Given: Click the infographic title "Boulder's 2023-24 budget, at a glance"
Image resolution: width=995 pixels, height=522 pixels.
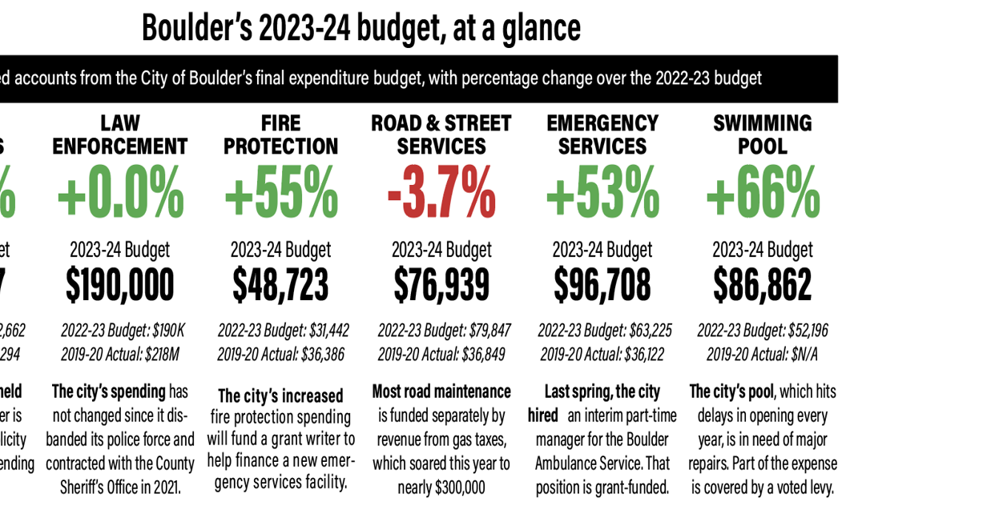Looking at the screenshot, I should [361, 28].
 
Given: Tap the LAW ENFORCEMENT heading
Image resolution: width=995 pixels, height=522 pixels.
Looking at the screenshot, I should [120, 135].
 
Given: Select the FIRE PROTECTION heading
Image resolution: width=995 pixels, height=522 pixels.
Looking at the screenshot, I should [281, 135].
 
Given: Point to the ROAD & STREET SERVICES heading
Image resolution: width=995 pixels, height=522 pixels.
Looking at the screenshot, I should [441, 135].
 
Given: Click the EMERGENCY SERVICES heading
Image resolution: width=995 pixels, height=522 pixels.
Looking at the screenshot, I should [602, 135].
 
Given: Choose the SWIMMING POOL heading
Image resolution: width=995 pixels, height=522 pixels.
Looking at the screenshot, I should [763, 135].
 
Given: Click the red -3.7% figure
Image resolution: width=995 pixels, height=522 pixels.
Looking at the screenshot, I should [441, 194].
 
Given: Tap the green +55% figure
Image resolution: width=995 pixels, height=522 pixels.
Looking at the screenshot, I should [281, 194].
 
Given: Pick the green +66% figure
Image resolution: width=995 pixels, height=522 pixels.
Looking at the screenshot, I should [763, 194].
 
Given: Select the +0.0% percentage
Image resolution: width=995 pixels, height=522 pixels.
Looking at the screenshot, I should [120, 194].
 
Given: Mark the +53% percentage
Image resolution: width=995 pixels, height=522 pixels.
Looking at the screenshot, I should [602, 194].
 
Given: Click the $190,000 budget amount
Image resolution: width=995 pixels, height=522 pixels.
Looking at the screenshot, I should [120, 286].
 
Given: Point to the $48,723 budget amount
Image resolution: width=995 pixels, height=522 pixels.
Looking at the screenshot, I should [281, 286].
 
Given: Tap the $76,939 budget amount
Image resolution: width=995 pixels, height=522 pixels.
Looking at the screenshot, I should [441, 286].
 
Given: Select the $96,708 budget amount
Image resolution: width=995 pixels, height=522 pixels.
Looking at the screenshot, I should [602, 286].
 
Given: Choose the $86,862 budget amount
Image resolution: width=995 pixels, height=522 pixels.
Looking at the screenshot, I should [763, 286].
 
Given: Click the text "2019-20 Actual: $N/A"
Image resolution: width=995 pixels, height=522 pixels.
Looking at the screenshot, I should [763, 355].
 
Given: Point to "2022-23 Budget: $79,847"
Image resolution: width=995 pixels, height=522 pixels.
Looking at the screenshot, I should [444, 331].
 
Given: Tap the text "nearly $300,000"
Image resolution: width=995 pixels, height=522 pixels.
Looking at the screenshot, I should [441, 488].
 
